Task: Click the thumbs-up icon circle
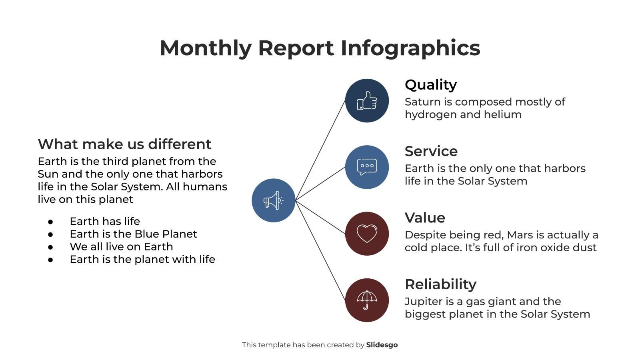(x=367, y=100)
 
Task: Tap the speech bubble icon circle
(x=367, y=167)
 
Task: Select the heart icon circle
(x=367, y=234)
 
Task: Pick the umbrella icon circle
(x=367, y=300)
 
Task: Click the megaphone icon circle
(x=273, y=200)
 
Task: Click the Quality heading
(x=430, y=85)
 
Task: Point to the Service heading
(x=431, y=151)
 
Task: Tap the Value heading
(x=425, y=218)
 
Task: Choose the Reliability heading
(x=440, y=284)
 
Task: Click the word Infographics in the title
(x=410, y=48)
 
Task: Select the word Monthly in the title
(x=205, y=48)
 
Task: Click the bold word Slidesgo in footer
(x=382, y=345)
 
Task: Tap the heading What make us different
(x=124, y=144)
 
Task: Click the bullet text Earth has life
(x=105, y=221)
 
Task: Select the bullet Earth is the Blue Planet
(x=133, y=234)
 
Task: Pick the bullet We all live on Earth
(x=121, y=247)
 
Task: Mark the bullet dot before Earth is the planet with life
(x=50, y=260)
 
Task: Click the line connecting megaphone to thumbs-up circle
(x=320, y=150)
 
